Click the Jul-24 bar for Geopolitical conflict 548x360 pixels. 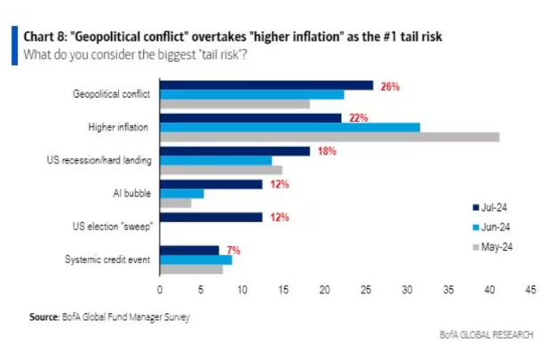pyautogui.click(x=266, y=84)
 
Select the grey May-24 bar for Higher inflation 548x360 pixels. pyautogui.click(x=329, y=137)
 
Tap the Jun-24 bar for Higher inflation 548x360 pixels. pyautogui.click(x=290, y=127)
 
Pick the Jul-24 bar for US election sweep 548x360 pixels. pyautogui.click(x=210, y=217)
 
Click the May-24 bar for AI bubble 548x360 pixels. pyautogui.click(x=175, y=204)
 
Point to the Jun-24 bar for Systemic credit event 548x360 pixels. pyautogui.click(x=195, y=260)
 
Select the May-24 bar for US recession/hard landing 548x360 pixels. pyautogui.click(x=220, y=170)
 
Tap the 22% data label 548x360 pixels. pyautogui.click(x=358, y=118)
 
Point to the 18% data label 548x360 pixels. pyautogui.click(x=326, y=151)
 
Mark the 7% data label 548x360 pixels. pyautogui.click(x=234, y=250)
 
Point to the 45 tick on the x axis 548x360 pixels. pyautogui.click(x=530, y=289)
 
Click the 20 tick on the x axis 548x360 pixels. pyautogui.click(x=324, y=289)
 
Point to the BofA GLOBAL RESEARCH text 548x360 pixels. pyautogui.click(x=486, y=335)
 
